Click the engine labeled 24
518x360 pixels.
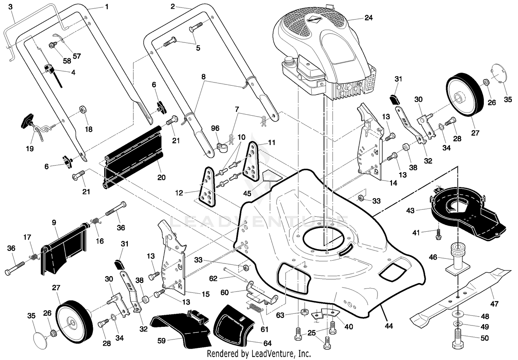[324, 53]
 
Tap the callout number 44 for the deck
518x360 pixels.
[389, 326]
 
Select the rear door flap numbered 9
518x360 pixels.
[65, 251]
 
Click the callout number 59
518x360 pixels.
[161, 341]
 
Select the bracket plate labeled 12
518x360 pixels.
[208, 187]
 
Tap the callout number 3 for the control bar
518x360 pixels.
[10, 7]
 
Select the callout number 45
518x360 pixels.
[247, 193]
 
